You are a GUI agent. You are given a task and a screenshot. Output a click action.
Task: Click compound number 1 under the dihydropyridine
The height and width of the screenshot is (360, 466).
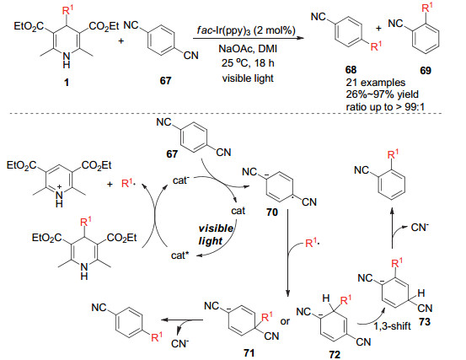tap(67, 82)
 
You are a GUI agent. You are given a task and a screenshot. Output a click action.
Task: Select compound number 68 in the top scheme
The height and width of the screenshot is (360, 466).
tap(351, 70)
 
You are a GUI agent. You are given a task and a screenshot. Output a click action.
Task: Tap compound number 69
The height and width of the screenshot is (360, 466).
tap(426, 71)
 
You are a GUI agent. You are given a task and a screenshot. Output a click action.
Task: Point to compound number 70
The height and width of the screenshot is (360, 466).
tap(272, 212)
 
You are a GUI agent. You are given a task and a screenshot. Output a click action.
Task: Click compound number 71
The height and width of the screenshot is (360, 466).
tap(249, 353)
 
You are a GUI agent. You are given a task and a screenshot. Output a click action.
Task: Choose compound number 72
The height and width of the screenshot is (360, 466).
tap(335, 354)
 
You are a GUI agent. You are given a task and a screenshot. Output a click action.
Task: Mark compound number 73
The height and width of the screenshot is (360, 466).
tap(425, 322)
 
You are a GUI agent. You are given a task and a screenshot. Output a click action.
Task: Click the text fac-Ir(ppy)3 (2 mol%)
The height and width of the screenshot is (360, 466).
tap(246, 30)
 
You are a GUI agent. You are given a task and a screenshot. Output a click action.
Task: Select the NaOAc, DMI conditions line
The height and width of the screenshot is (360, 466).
tap(248, 48)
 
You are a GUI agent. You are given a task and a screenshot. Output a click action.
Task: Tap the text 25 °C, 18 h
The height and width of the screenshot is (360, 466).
tap(248, 63)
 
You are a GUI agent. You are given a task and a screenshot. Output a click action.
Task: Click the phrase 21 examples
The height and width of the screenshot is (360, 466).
tap(375, 83)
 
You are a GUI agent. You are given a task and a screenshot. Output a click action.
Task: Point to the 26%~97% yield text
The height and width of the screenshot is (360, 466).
tap(382, 94)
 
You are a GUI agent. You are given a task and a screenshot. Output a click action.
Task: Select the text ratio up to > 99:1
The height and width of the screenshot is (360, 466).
tap(385, 106)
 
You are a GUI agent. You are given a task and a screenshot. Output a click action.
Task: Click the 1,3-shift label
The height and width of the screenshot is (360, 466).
tap(392, 326)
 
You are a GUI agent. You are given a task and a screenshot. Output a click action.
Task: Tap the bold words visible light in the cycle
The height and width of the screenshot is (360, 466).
tap(216, 234)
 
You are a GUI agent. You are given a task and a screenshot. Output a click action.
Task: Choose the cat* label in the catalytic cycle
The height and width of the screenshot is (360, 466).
tap(180, 255)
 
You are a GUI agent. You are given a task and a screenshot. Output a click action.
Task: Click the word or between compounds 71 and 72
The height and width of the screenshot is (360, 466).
tap(285, 321)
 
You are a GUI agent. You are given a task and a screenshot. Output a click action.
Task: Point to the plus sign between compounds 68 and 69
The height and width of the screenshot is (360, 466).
tap(378, 28)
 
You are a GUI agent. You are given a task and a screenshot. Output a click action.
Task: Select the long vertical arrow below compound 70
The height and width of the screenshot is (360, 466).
tap(287, 253)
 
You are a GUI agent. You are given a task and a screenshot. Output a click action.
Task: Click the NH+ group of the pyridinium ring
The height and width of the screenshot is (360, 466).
tap(59, 197)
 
